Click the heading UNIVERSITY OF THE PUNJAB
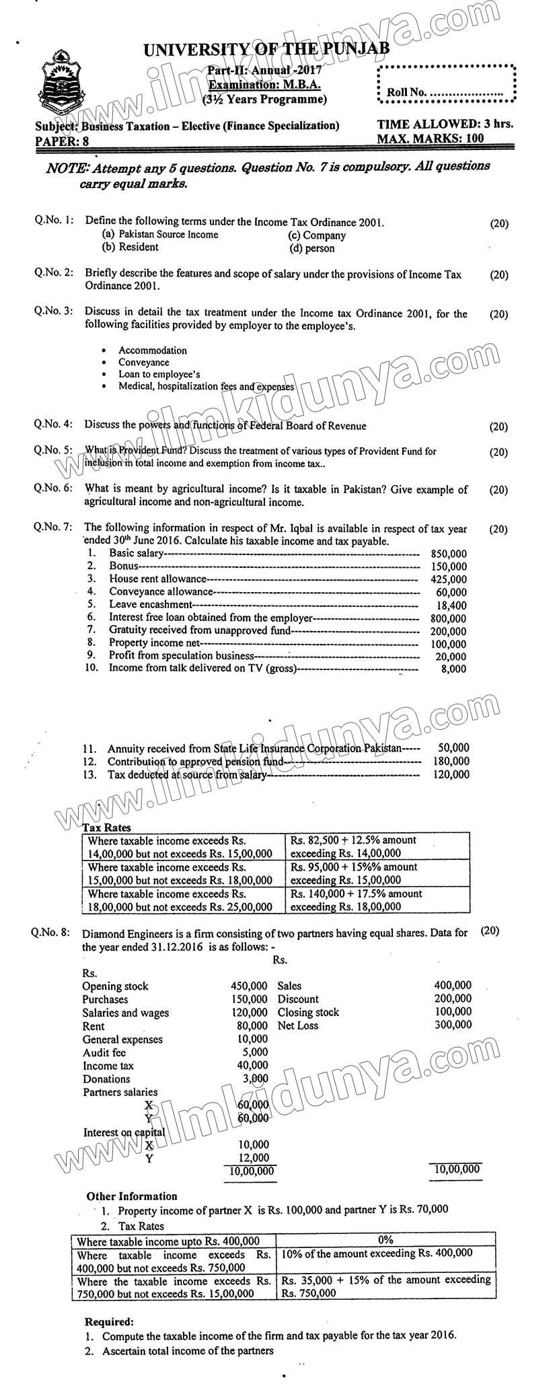266,49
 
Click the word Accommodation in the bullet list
153,351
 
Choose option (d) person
311,248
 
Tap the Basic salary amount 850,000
448,554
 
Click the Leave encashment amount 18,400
451,606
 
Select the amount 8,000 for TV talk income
453,669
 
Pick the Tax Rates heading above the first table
107,828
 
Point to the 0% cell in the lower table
385,1239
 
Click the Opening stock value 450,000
248,986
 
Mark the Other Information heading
132,1196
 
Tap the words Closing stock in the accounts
308,1013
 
